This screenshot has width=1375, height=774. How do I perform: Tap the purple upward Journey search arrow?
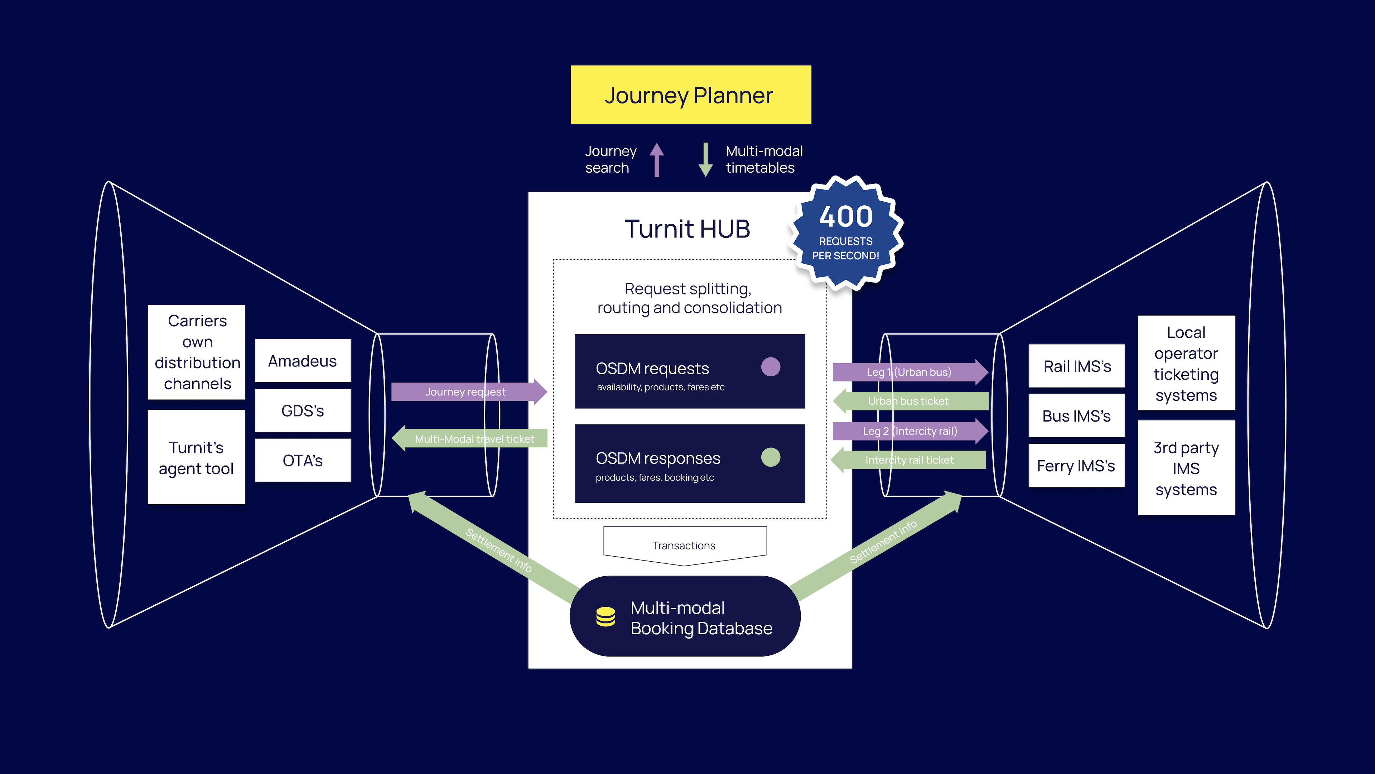(657, 159)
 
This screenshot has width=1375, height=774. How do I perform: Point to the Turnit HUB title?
(687, 229)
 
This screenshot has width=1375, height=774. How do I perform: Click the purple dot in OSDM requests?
(770, 367)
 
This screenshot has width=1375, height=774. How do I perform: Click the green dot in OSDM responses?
(770, 457)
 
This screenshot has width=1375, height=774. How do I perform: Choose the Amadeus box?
(303, 361)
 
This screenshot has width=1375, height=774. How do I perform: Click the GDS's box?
(303, 410)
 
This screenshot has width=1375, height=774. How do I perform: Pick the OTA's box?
(303, 460)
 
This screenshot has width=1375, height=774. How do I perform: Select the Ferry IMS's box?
(1076, 466)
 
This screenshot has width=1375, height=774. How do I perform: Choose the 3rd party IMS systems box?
(1186, 468)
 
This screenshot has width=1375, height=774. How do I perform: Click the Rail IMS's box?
(1076, 366)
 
